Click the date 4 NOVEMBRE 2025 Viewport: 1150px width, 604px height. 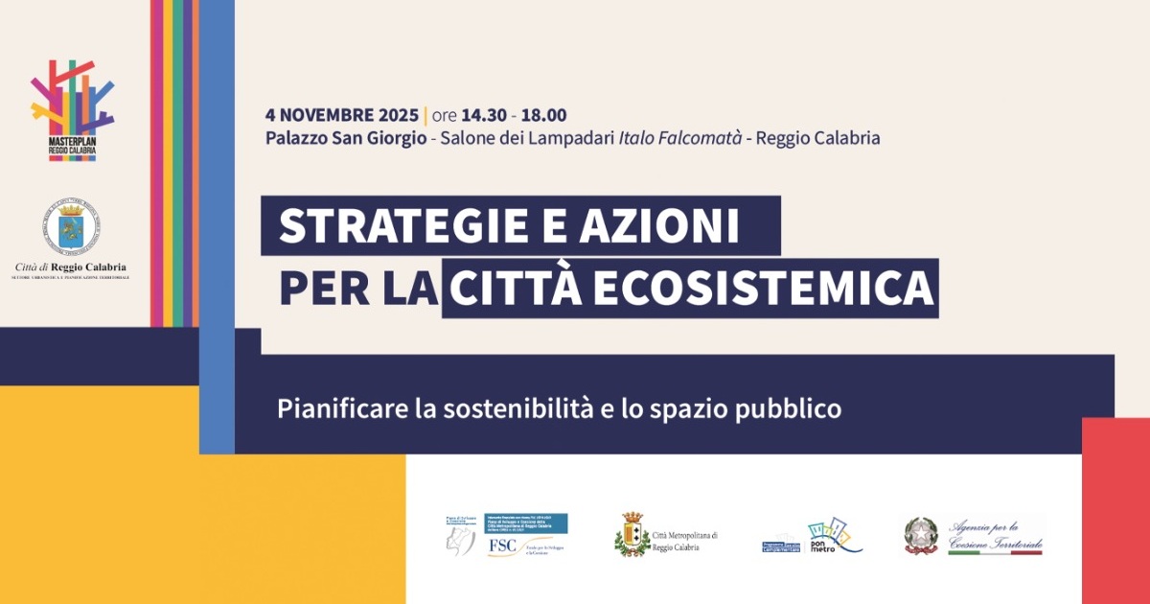click(x=342, y=116)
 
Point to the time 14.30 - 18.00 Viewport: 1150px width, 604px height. click(x=518, y=116)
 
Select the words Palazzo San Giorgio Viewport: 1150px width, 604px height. click(x=346, y=138)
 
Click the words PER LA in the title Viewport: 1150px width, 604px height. click(x=358, y=289)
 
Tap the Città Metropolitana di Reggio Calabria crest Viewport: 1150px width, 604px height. click(x=632, y=534)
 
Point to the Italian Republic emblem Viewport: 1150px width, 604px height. click(x=921, y=536)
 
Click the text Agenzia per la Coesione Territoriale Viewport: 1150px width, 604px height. click(x=994, y=535)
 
